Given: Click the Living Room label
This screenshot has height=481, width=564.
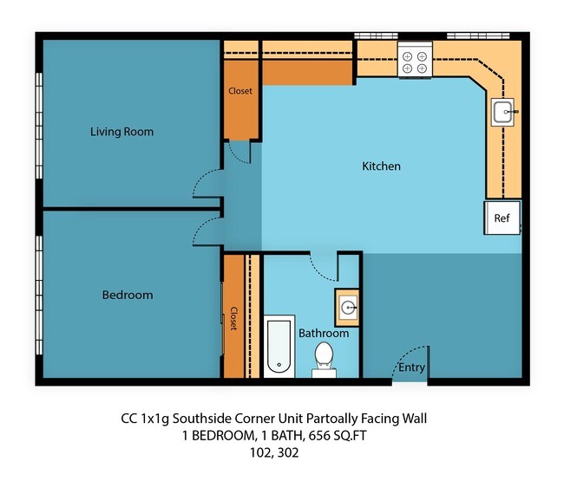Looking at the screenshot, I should (121, 132).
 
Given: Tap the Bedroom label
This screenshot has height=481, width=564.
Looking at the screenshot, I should (128, 295).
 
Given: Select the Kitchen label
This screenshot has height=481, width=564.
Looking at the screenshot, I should (381, 166).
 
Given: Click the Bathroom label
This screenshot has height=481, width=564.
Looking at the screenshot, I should (324, 333).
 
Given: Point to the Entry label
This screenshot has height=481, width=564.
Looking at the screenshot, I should (411, 367).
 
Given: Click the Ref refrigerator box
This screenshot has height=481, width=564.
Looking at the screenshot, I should (502, 218).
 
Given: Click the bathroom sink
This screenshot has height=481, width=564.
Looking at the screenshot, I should (347, 306).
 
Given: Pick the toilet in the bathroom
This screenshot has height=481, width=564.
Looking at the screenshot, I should (324, 356).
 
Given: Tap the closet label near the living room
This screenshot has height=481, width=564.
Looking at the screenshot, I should (240, 91).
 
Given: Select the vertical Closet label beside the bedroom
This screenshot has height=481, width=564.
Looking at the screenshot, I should (233, 318).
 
